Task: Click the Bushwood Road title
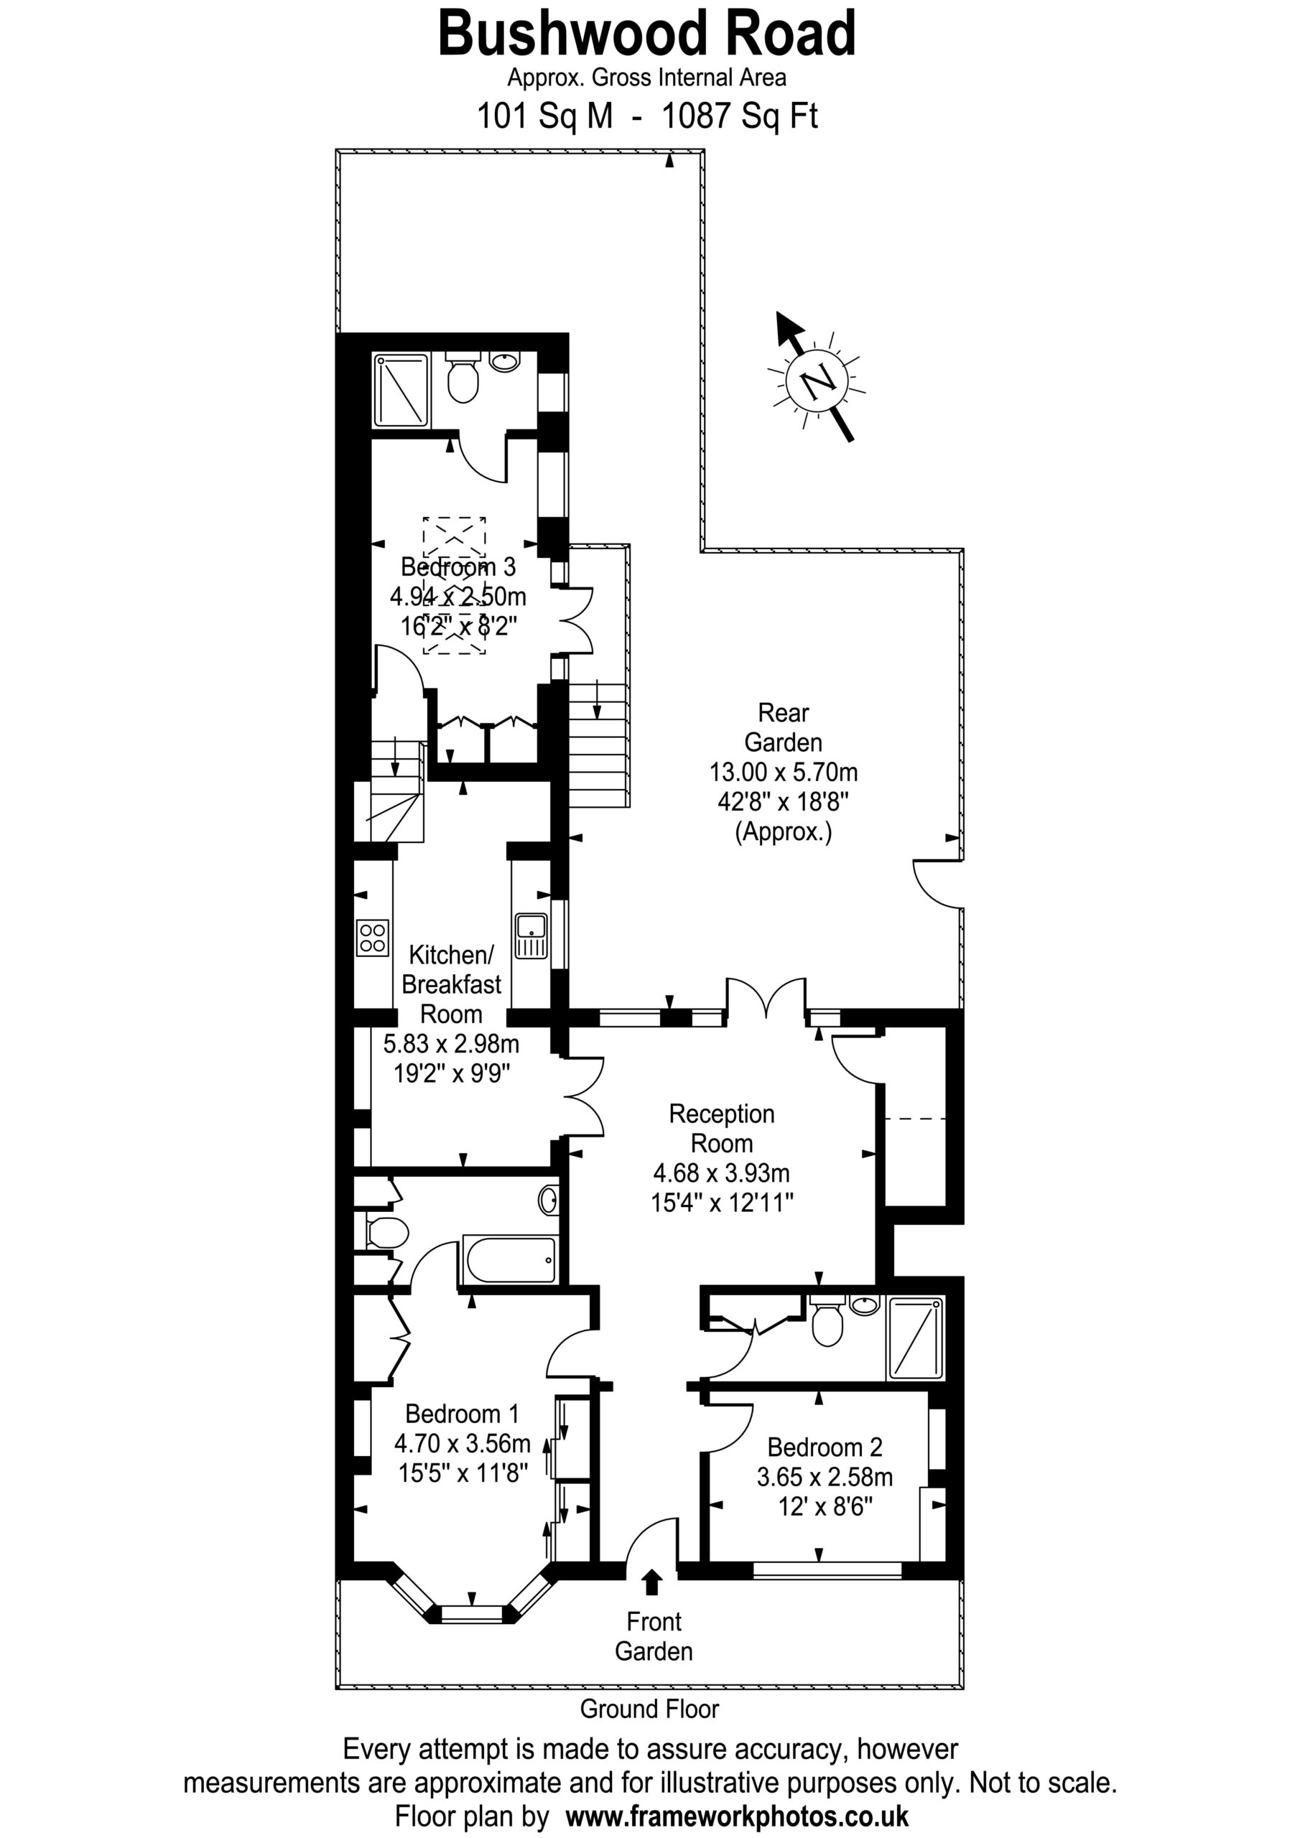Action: (x=647, y=34)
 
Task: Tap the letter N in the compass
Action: (x=818, y=381)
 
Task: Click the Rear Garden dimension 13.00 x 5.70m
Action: (x=784, y=772)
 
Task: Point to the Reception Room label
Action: (x=722, y=1128)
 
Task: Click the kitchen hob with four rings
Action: (x=373, y=938)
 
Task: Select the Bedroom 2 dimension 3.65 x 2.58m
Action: (x=825, y=1476)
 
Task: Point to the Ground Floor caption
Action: (x=649, y=1709)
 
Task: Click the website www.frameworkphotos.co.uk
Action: (x=737, y=1815)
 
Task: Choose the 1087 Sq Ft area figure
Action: (x=739, y=116)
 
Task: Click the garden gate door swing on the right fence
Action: (x=938, y=885)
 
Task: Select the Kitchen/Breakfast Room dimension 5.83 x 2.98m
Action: (x=451, y=1044)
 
